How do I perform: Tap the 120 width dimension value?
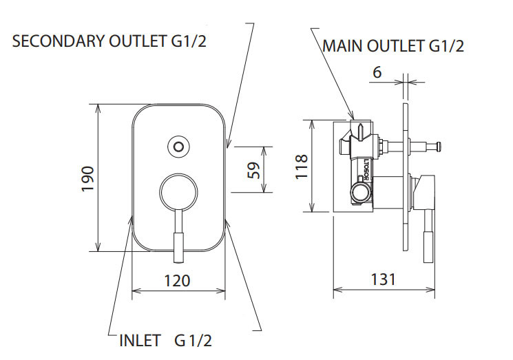(178, 281)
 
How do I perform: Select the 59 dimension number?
(253, 170)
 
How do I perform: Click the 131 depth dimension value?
(383, 279)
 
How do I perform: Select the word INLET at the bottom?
(140, 341)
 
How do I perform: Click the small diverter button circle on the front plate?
(179, 146)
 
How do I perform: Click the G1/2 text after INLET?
(194, 341)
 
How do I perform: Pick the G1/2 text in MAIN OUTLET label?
(446, 47)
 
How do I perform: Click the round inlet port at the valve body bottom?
(360, 191)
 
